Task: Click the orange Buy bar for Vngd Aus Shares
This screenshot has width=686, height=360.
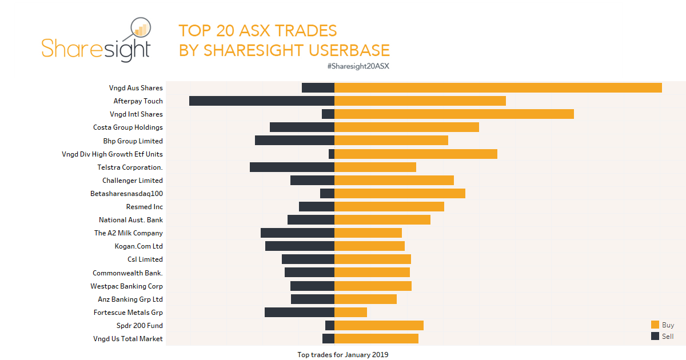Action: click(498, 88)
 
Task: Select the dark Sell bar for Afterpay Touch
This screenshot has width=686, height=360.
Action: click(262, 101)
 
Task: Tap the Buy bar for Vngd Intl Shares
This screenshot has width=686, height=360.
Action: click(454, 114)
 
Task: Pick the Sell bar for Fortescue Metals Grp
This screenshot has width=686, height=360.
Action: click(300, 313)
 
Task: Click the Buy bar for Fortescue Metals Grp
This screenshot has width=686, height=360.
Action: click(350, 313)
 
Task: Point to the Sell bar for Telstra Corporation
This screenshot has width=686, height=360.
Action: click(292, 167)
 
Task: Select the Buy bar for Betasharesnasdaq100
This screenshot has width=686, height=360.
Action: click(400, 194)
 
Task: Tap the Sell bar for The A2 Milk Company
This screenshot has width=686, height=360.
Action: click(297, 233)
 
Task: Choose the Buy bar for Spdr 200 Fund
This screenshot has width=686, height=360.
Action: click(379, 326)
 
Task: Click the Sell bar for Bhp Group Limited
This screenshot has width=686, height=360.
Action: click(294, 141)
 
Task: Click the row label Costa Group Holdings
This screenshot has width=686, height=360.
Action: click(128, 127)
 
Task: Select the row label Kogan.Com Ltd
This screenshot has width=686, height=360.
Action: click(138, 246)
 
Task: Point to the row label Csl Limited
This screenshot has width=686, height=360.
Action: click(145, 259)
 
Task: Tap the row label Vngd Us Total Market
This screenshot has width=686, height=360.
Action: click(128, 339)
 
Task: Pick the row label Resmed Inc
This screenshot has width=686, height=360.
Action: click(145, 207)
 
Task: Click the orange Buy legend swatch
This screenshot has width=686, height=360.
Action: click(655, 325)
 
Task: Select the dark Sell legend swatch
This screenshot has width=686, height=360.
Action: click(655, 337)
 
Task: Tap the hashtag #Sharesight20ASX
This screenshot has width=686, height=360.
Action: click(358, 66)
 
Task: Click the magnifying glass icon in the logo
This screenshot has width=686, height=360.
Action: click(139, 29)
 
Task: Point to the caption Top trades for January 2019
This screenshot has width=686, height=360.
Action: click(342, 355)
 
